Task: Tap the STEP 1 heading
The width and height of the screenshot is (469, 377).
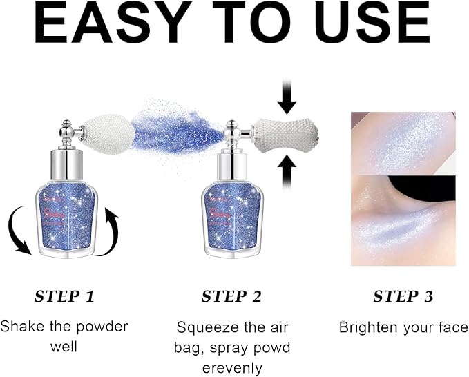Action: tap(64, 297)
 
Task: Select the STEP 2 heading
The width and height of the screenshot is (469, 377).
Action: tap(231, 297)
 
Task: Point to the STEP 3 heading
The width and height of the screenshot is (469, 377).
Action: tap(403, 297)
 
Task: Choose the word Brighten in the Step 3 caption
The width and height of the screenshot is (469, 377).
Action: tap(366, 327)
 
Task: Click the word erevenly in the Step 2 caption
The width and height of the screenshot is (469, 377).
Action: tap(232, 368)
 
